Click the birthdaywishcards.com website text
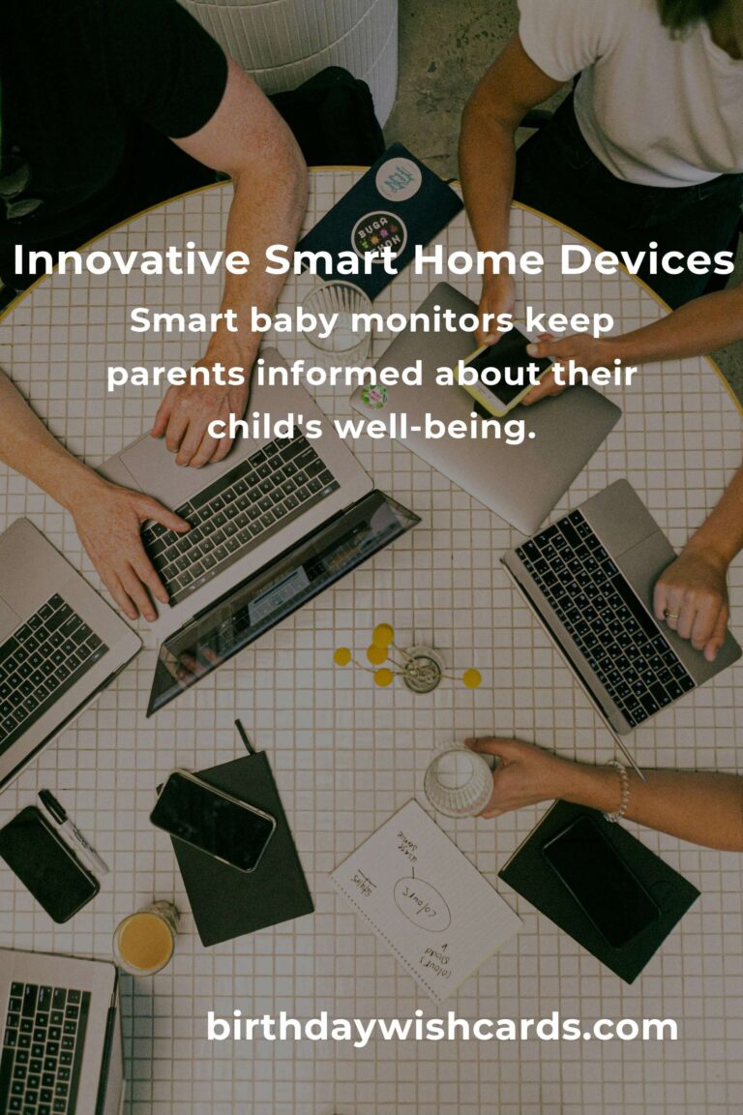pyautogui.click(x=442, y=1027)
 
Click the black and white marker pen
pyautogui.click(x=72, y=830)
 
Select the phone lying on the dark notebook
pyautogui.click(x=212, y=819)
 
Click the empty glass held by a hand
pyautogui.click(x=457, y=779)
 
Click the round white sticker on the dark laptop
pyautogui.click(x=398, y=181)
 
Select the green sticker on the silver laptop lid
pyautogui.click(x=374, y=396)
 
